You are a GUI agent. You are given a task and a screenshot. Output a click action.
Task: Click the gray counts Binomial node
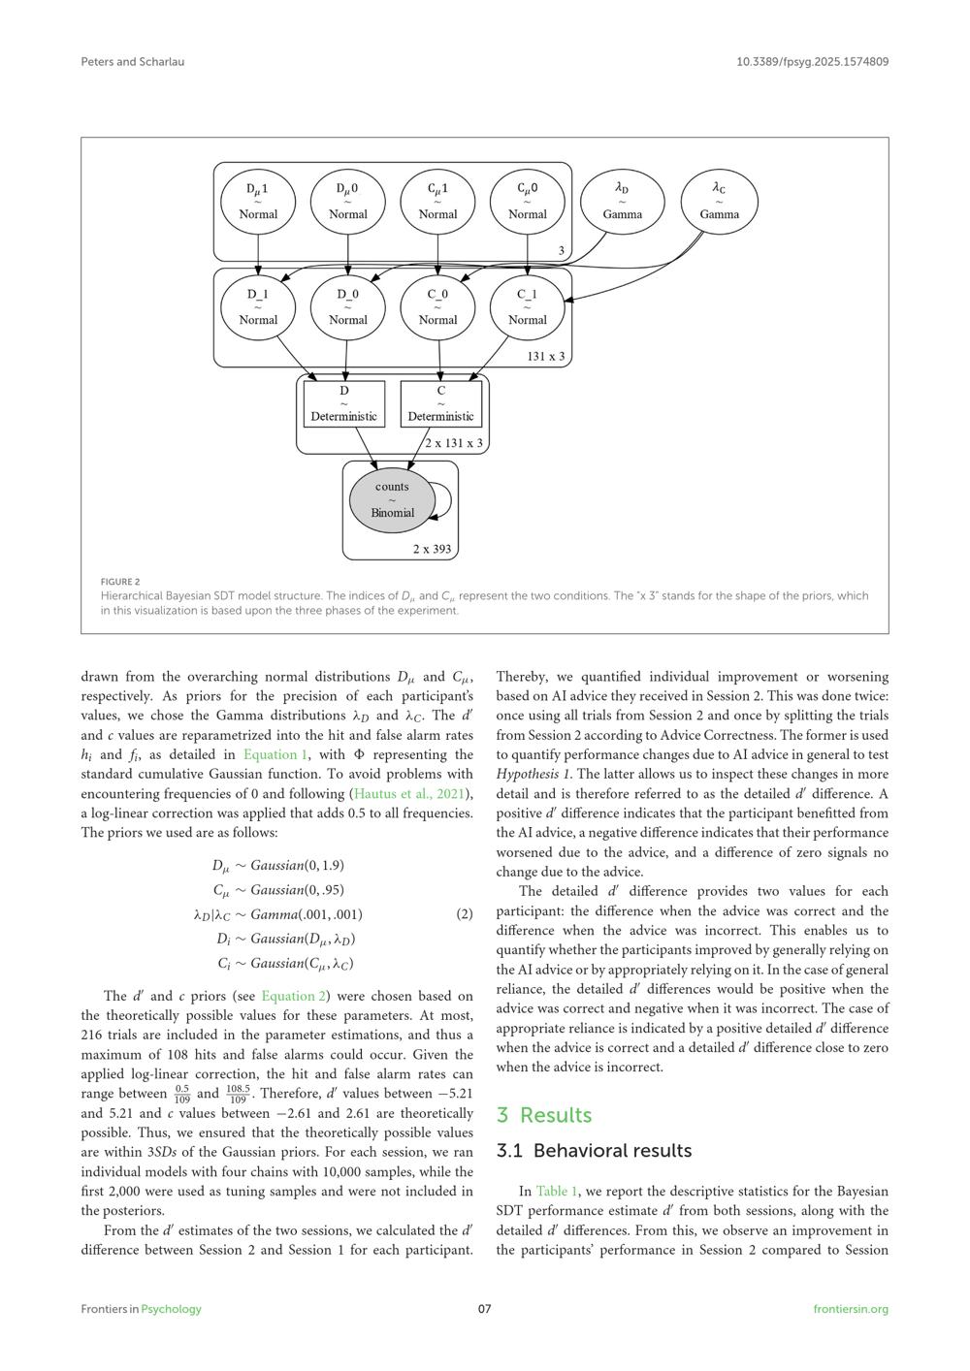392,500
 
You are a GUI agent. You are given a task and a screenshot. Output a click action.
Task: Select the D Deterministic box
344,404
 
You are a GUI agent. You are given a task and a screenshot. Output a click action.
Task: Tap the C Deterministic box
440,404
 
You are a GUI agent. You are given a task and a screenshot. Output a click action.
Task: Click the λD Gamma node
622,202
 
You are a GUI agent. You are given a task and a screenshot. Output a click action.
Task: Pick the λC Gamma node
719,202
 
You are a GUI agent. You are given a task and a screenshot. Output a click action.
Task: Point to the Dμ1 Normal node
258,202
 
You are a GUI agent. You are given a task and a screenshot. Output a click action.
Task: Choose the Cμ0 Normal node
527,202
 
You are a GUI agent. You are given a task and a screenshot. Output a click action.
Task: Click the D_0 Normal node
347,307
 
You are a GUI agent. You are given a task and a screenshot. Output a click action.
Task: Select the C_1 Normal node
527,307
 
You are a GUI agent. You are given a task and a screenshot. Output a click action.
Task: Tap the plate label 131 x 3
546,356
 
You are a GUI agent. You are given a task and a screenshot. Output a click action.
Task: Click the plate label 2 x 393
432,549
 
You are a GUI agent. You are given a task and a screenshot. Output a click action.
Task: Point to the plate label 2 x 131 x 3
454,443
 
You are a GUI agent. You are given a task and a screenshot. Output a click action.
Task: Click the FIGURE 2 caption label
120,582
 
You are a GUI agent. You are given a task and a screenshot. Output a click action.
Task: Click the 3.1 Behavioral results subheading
594,1151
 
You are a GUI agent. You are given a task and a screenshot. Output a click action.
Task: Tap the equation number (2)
465,914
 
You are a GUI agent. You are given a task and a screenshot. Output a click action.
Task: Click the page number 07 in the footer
485,1309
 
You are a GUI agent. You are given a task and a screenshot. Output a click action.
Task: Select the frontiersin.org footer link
850,1309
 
